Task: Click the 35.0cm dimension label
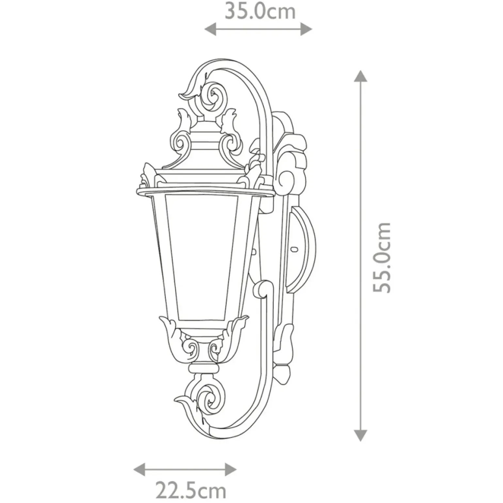tap(260, 11)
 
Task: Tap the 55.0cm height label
tap(382, 257)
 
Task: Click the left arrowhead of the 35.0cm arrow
tap(210, 29)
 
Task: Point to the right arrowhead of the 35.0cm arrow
tap(306, 29)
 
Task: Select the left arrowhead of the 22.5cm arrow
tap(139, 470)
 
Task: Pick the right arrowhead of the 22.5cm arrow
tap(231, 470)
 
